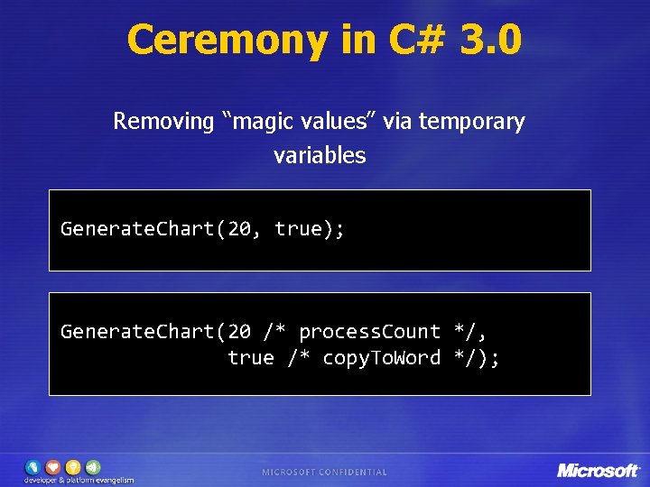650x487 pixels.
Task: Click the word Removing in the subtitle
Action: pyautogui.click(x=162, y=121)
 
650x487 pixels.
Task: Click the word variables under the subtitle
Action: pyautogui.click(x=320, y=155)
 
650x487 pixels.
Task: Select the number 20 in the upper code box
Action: pyautogui.click(x=239, y=229)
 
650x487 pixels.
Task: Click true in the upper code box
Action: pyautogui.click(x=298, y=229)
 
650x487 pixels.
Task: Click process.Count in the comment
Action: pyautogui.click(x=369, y=332)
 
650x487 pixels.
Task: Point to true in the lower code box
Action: pyautogui.click(x=250, y=358)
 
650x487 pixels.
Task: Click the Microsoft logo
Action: pyautogui.click(x=598, y=470)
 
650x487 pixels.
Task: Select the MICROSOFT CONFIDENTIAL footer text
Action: pyautogui.click(x=324, y=472)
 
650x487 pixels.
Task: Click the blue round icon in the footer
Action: pyautogui.click(x=32, y=466)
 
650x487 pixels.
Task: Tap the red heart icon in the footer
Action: pyautogui.click(x=52, y=466)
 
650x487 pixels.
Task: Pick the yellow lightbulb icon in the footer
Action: pyautogui.click(x=73, y=466)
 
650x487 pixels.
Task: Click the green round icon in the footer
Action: pyautogui.click(x=93, y=466)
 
